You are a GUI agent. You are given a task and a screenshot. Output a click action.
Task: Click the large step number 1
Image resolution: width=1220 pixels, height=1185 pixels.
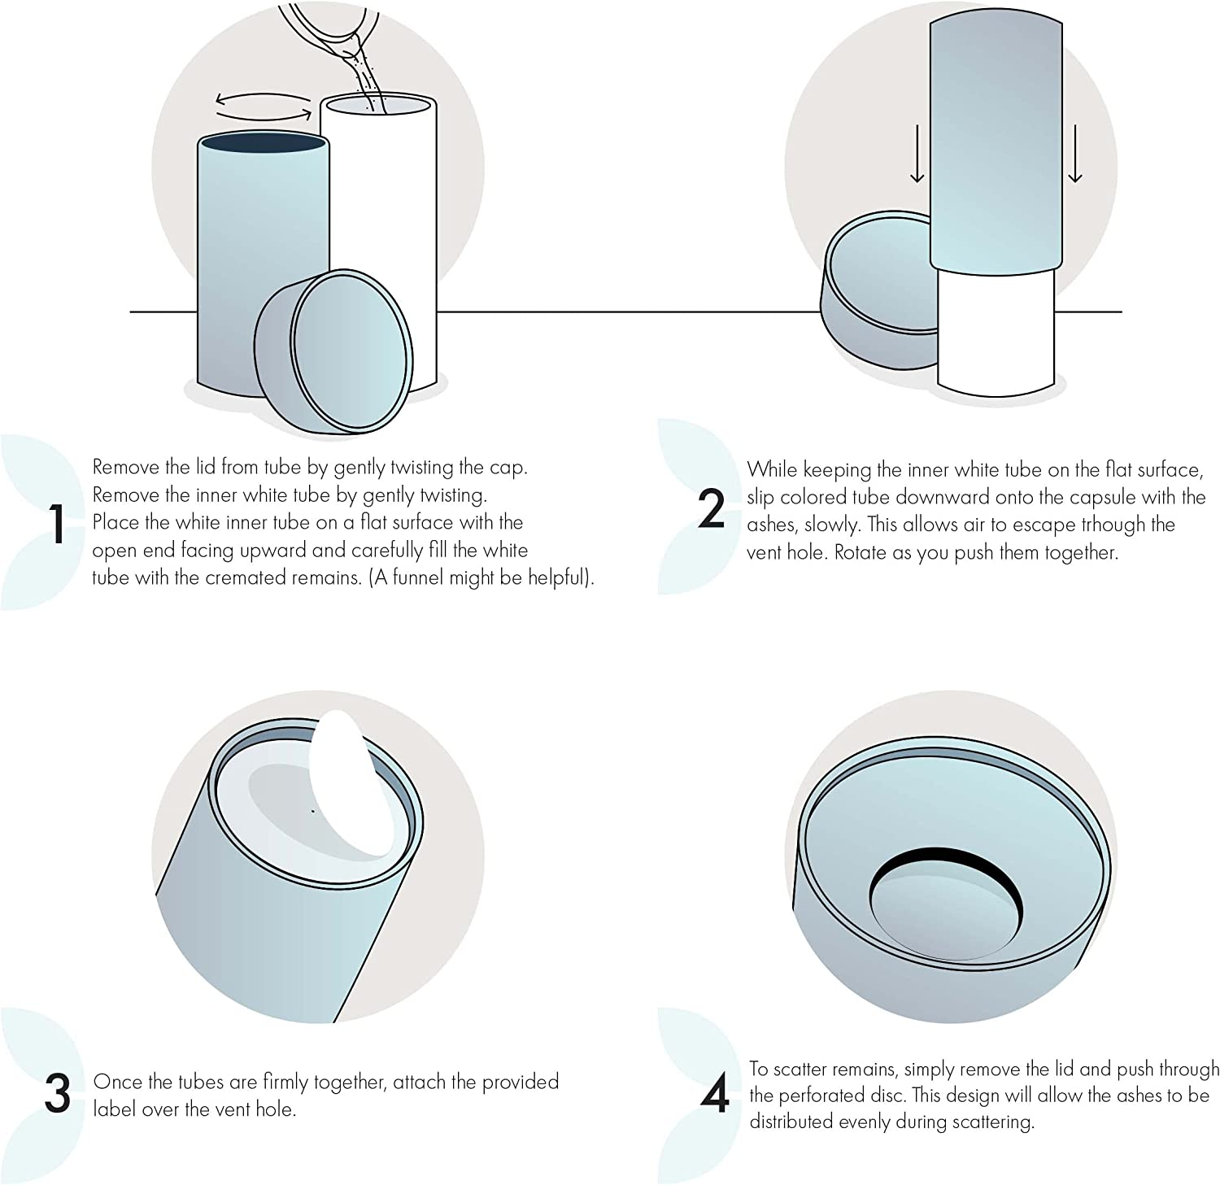coord(57,524)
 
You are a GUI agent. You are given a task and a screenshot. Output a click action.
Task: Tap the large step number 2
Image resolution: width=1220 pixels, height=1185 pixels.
coord(712,509)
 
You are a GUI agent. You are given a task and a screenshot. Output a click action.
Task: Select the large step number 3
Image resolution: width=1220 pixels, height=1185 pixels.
coord(58,1095)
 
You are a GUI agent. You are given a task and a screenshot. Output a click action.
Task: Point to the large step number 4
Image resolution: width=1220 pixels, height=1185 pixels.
coord(714,1096)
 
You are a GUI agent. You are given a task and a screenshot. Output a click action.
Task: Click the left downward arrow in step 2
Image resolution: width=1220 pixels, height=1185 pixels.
coord(917,154)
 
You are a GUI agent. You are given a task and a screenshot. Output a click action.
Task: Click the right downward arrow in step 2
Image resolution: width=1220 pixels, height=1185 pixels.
coord(1075,154)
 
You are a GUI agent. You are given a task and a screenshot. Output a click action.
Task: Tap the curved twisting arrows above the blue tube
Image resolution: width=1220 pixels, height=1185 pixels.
coord(264,104)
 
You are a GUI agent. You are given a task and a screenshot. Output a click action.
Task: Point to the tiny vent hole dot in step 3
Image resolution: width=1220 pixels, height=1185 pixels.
coord(313,811)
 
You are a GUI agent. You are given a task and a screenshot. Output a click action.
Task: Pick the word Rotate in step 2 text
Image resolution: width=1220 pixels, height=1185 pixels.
coord(862,553)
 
